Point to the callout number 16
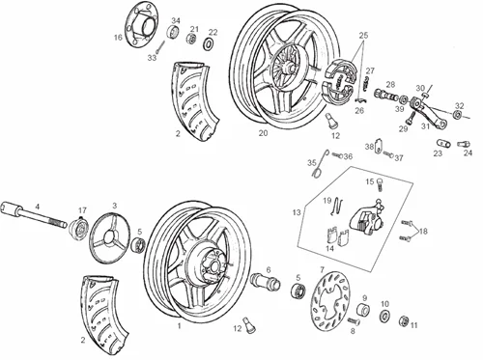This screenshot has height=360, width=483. point(118,38)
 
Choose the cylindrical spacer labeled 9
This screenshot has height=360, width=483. point(365,312)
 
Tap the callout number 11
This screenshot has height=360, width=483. point(414,326)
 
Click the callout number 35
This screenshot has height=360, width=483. point(312,162)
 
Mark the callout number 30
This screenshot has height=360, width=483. point(419,89)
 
